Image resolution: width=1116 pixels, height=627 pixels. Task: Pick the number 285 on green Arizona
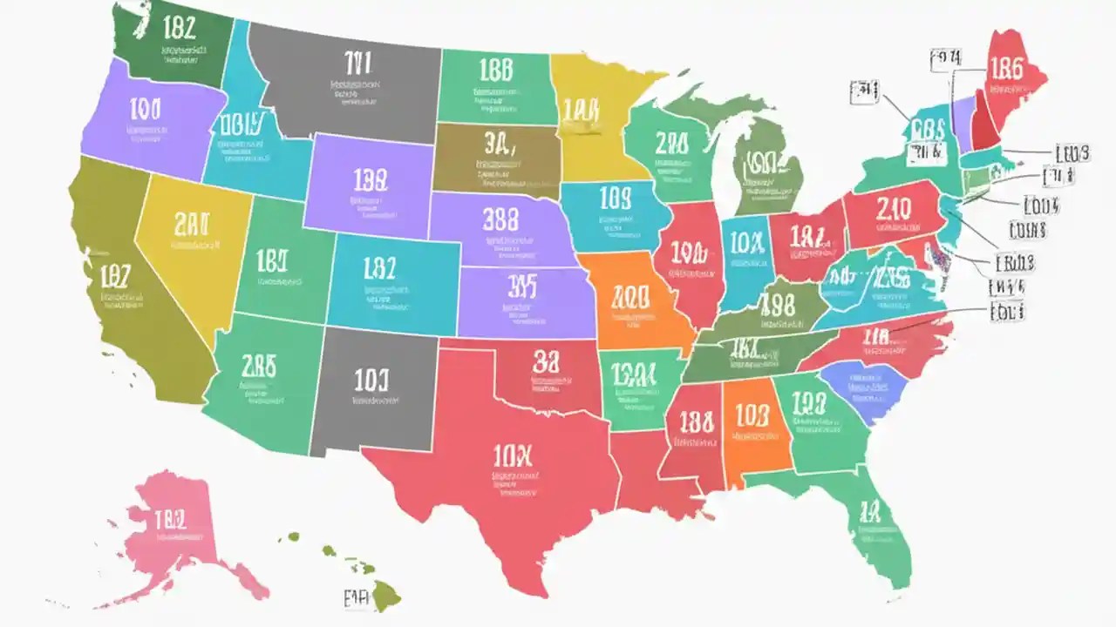pos(258,366)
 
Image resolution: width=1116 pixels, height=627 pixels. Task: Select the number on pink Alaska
pos(170,520)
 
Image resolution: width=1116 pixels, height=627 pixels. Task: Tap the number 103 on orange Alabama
pos(752,415)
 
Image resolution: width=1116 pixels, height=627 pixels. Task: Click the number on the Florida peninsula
pos(870,511)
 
